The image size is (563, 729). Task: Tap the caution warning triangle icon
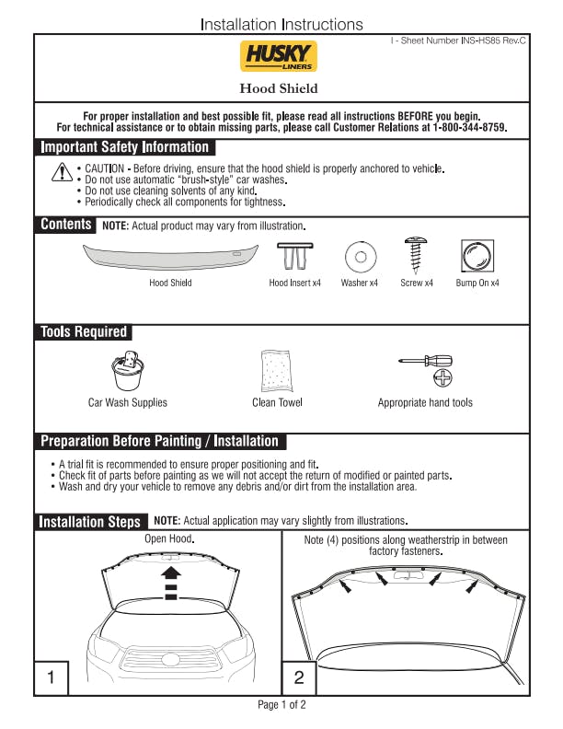62,172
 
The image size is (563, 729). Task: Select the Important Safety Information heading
125,147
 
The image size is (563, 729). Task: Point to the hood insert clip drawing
294,255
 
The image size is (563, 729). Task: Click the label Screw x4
417,283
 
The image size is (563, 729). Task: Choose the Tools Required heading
84,331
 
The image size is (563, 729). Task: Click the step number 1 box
52,678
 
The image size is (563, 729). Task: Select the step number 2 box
299,678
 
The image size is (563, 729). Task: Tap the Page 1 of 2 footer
281,705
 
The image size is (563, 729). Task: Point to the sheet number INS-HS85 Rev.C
465,42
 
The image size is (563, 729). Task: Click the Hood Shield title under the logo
279,88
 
